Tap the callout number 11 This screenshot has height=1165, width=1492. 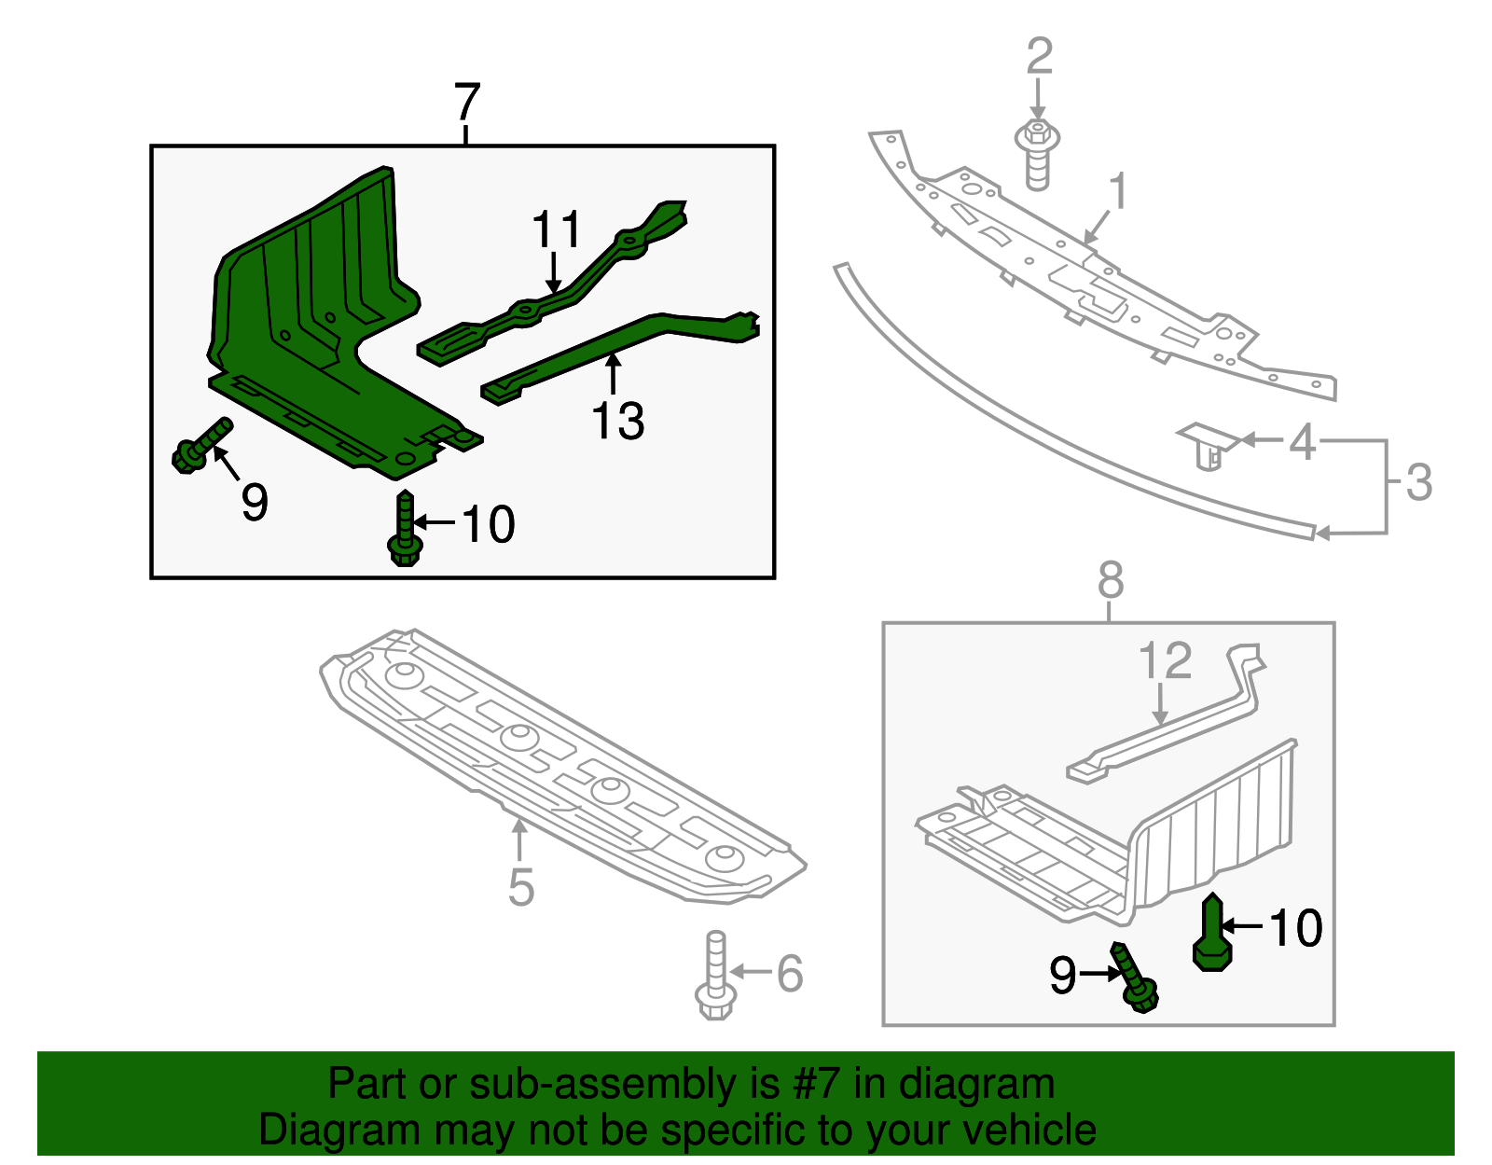(557, 229)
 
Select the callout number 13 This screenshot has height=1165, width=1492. (617, 421)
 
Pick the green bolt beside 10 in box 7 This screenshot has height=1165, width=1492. (405, 529)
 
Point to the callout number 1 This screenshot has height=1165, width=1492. (1118, 191)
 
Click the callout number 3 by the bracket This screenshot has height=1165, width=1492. (1418, 482)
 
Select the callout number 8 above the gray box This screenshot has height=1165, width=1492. (1110, 580)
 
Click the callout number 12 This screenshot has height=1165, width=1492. (1166, 660)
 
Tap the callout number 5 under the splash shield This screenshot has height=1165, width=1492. (521, 887)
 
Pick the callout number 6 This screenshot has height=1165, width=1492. (790, 973)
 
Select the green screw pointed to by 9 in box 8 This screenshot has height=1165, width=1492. (1135, 979)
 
